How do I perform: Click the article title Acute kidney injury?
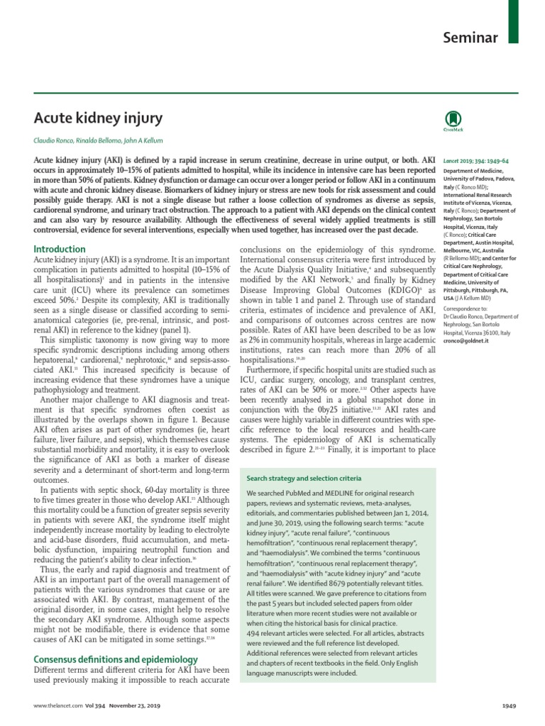99,118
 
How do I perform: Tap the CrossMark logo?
453,120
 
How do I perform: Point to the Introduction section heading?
60,249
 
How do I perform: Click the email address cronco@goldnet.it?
466,341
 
